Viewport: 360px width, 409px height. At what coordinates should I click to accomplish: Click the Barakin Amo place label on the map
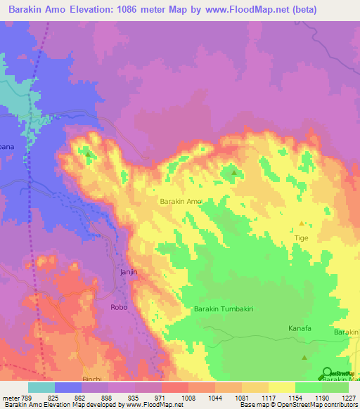[x=181, y=202]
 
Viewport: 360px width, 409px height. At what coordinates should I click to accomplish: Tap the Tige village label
[x=301, y=238]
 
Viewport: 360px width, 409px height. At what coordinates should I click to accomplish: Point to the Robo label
[x=119, y=307]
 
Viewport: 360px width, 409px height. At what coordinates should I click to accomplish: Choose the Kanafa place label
[x=300, y=328]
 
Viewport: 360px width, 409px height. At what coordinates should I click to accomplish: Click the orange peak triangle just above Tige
[x=302, y=223]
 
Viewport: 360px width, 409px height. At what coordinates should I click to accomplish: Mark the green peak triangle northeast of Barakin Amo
[x=234, y=171]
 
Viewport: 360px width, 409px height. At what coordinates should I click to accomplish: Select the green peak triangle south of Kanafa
[x=304, y=358]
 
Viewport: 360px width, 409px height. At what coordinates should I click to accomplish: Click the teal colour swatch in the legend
[x=41, y=387]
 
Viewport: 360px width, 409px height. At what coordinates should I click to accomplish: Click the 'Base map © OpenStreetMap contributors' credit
[x=297, y=405]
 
